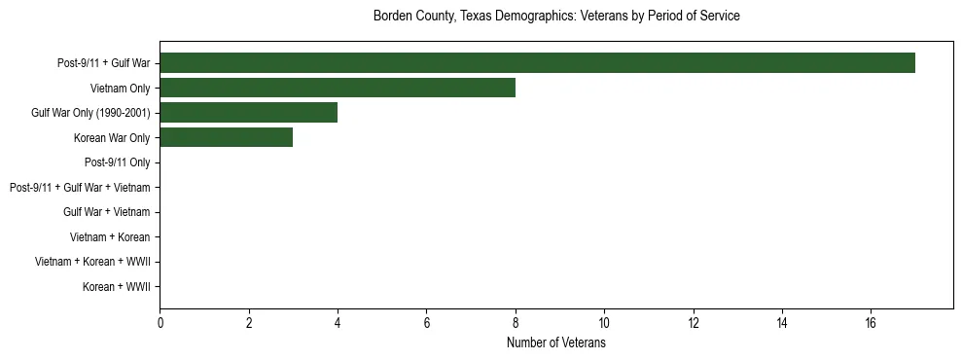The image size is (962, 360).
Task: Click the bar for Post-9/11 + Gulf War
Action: click(537, 63)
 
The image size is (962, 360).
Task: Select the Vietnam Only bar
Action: click(338, 88)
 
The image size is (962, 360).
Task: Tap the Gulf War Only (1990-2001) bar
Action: click(248, 113)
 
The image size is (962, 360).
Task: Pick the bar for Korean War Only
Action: click(226, 137)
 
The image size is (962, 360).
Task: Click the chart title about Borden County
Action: click(556, 17)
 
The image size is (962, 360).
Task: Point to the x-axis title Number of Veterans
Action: click(556, 343)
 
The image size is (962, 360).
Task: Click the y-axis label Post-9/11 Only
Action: click(117, 162)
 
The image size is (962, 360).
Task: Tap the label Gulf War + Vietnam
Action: click(106, 212)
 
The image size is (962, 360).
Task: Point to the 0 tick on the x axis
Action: click(160, 323)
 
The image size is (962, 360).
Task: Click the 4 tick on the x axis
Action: click(338, 323)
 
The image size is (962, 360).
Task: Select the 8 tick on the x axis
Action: click(516, 323)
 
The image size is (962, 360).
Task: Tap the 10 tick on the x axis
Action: click(604, 323)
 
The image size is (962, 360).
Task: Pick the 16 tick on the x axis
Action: click(871, 323)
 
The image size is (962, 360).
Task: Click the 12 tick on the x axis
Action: click(694, 323)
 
